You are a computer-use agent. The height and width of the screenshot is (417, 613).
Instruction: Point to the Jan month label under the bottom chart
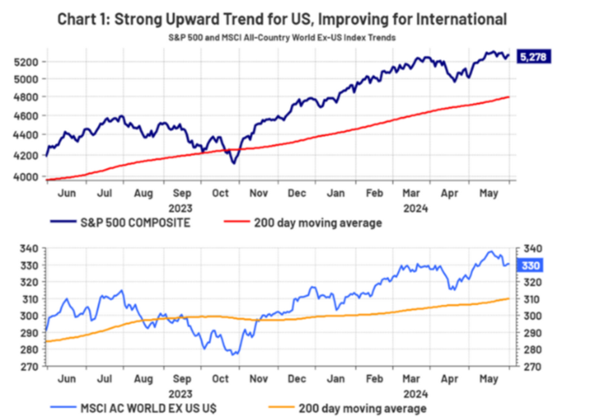(335, 379)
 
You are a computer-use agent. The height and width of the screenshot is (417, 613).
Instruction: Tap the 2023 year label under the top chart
(182, 208)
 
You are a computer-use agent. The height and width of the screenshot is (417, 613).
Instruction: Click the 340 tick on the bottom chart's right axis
(528, 249)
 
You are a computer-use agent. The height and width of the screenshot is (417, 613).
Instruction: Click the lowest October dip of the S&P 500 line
(234, 164)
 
